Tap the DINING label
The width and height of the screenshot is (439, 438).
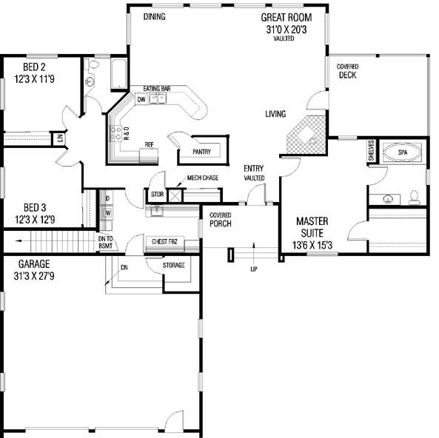(x=154, y=16)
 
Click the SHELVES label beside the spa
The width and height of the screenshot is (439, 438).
(x=371, y=152)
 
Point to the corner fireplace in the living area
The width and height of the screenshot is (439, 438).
(x=304, y=133)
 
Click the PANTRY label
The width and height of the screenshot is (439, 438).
(x=201, y=152)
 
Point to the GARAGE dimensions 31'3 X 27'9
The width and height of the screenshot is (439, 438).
(x=30, y=275)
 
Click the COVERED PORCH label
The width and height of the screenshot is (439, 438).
(x=220, y=220)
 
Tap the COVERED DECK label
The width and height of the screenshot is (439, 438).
(x=347, y=71)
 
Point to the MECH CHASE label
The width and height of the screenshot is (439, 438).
(x=200, y=178)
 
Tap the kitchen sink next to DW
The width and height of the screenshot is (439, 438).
(x=161, y=99)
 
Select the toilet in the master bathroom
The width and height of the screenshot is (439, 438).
(x=415, y=197)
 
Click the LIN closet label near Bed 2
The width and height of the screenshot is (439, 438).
(x=58, y=138)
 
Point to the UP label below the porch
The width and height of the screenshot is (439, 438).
(x=254, y=269)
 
